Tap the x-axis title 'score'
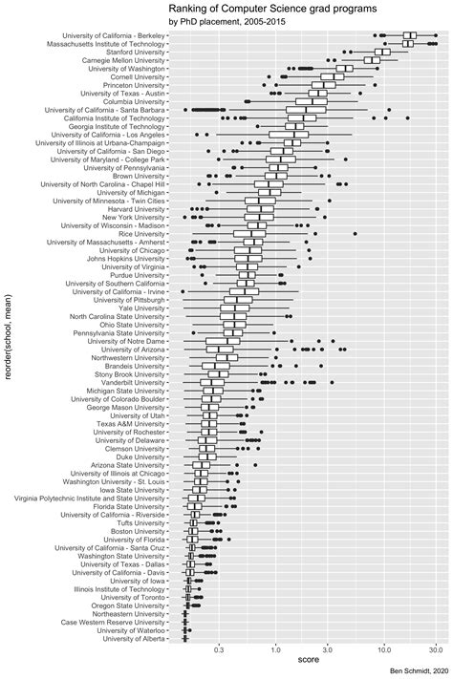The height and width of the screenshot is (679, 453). tap(308, 660)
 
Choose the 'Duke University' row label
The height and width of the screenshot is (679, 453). tap(136, 456)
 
